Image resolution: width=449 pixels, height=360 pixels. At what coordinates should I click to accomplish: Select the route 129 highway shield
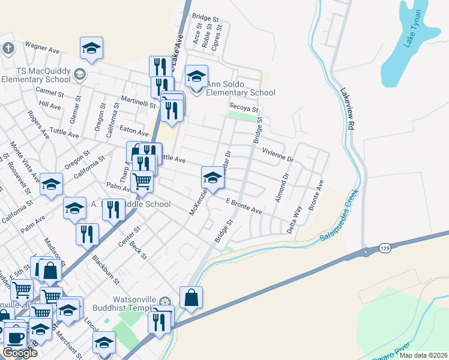(384, 248)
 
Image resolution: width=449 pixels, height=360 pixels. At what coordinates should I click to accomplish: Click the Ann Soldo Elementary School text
(241, 88)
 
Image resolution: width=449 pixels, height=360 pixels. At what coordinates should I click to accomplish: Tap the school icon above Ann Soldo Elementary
(196, 76)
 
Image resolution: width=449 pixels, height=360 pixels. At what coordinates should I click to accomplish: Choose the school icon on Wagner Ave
(91, 49)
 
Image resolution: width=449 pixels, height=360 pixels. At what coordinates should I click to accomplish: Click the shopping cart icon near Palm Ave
(142, 180)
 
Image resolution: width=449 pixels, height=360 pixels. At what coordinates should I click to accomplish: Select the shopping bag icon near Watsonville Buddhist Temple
(191, 298)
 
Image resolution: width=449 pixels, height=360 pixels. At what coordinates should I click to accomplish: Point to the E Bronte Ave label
(244, 207)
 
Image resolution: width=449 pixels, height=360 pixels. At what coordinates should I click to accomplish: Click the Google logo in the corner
(20, 353)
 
